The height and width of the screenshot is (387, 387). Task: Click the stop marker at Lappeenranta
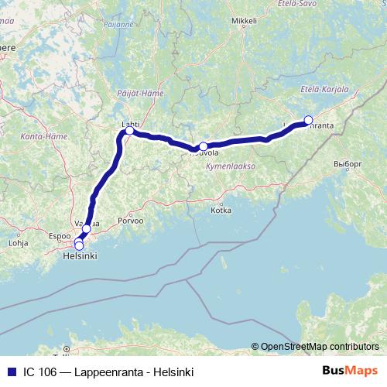pyautogui.click(x=308, y=119)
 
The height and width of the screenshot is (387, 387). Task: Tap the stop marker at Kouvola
pyautogui.click(x=203, y=146)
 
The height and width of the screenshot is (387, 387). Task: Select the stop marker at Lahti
pyautogui.click(x=129, y=131)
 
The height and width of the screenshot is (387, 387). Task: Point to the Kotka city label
pyautogui.click(x=221, y=210)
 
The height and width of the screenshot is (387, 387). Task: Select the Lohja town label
pyautogui.click(x=17, y=242)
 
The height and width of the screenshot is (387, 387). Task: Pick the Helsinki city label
pyautogui.click(x=80, y=255)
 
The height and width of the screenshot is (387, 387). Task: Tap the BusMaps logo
pyautogui.click(x=351, y=370)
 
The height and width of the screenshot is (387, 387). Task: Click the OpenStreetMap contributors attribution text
pyautogui.click(x=319, y=346)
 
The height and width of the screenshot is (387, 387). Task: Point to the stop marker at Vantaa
pyautogui.click(x=87, y=228)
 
